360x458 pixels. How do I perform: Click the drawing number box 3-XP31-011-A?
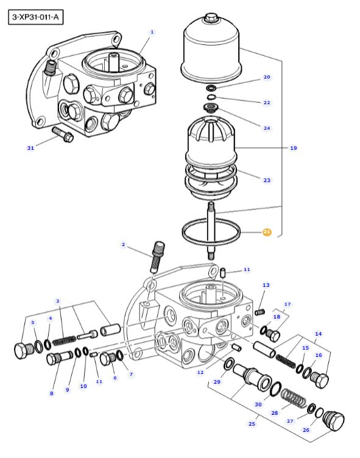(x=36, y=17)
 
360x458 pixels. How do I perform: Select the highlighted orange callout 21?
(x=267, y=232)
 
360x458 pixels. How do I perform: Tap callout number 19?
(x=294, y=148)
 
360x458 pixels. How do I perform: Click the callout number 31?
(x=30, y=148)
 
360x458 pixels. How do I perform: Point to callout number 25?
(x=252, y=424)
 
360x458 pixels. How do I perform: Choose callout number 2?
(x=123, y=244)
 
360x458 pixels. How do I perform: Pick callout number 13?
(x=266, y=285)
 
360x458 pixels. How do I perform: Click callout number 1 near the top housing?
(x=152, y=32)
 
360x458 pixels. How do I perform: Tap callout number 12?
(x=200, y=372)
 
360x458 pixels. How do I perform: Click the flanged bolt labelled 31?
(x=63, y=135)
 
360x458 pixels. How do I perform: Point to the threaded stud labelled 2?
(x=158, y=256)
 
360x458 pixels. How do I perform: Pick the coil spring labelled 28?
(x=294, y=398)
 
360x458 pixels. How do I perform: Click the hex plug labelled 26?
(x=333, y=421)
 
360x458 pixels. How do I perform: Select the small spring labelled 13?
(x=259, y=312)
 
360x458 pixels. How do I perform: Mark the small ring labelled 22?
(x=211, y=97)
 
